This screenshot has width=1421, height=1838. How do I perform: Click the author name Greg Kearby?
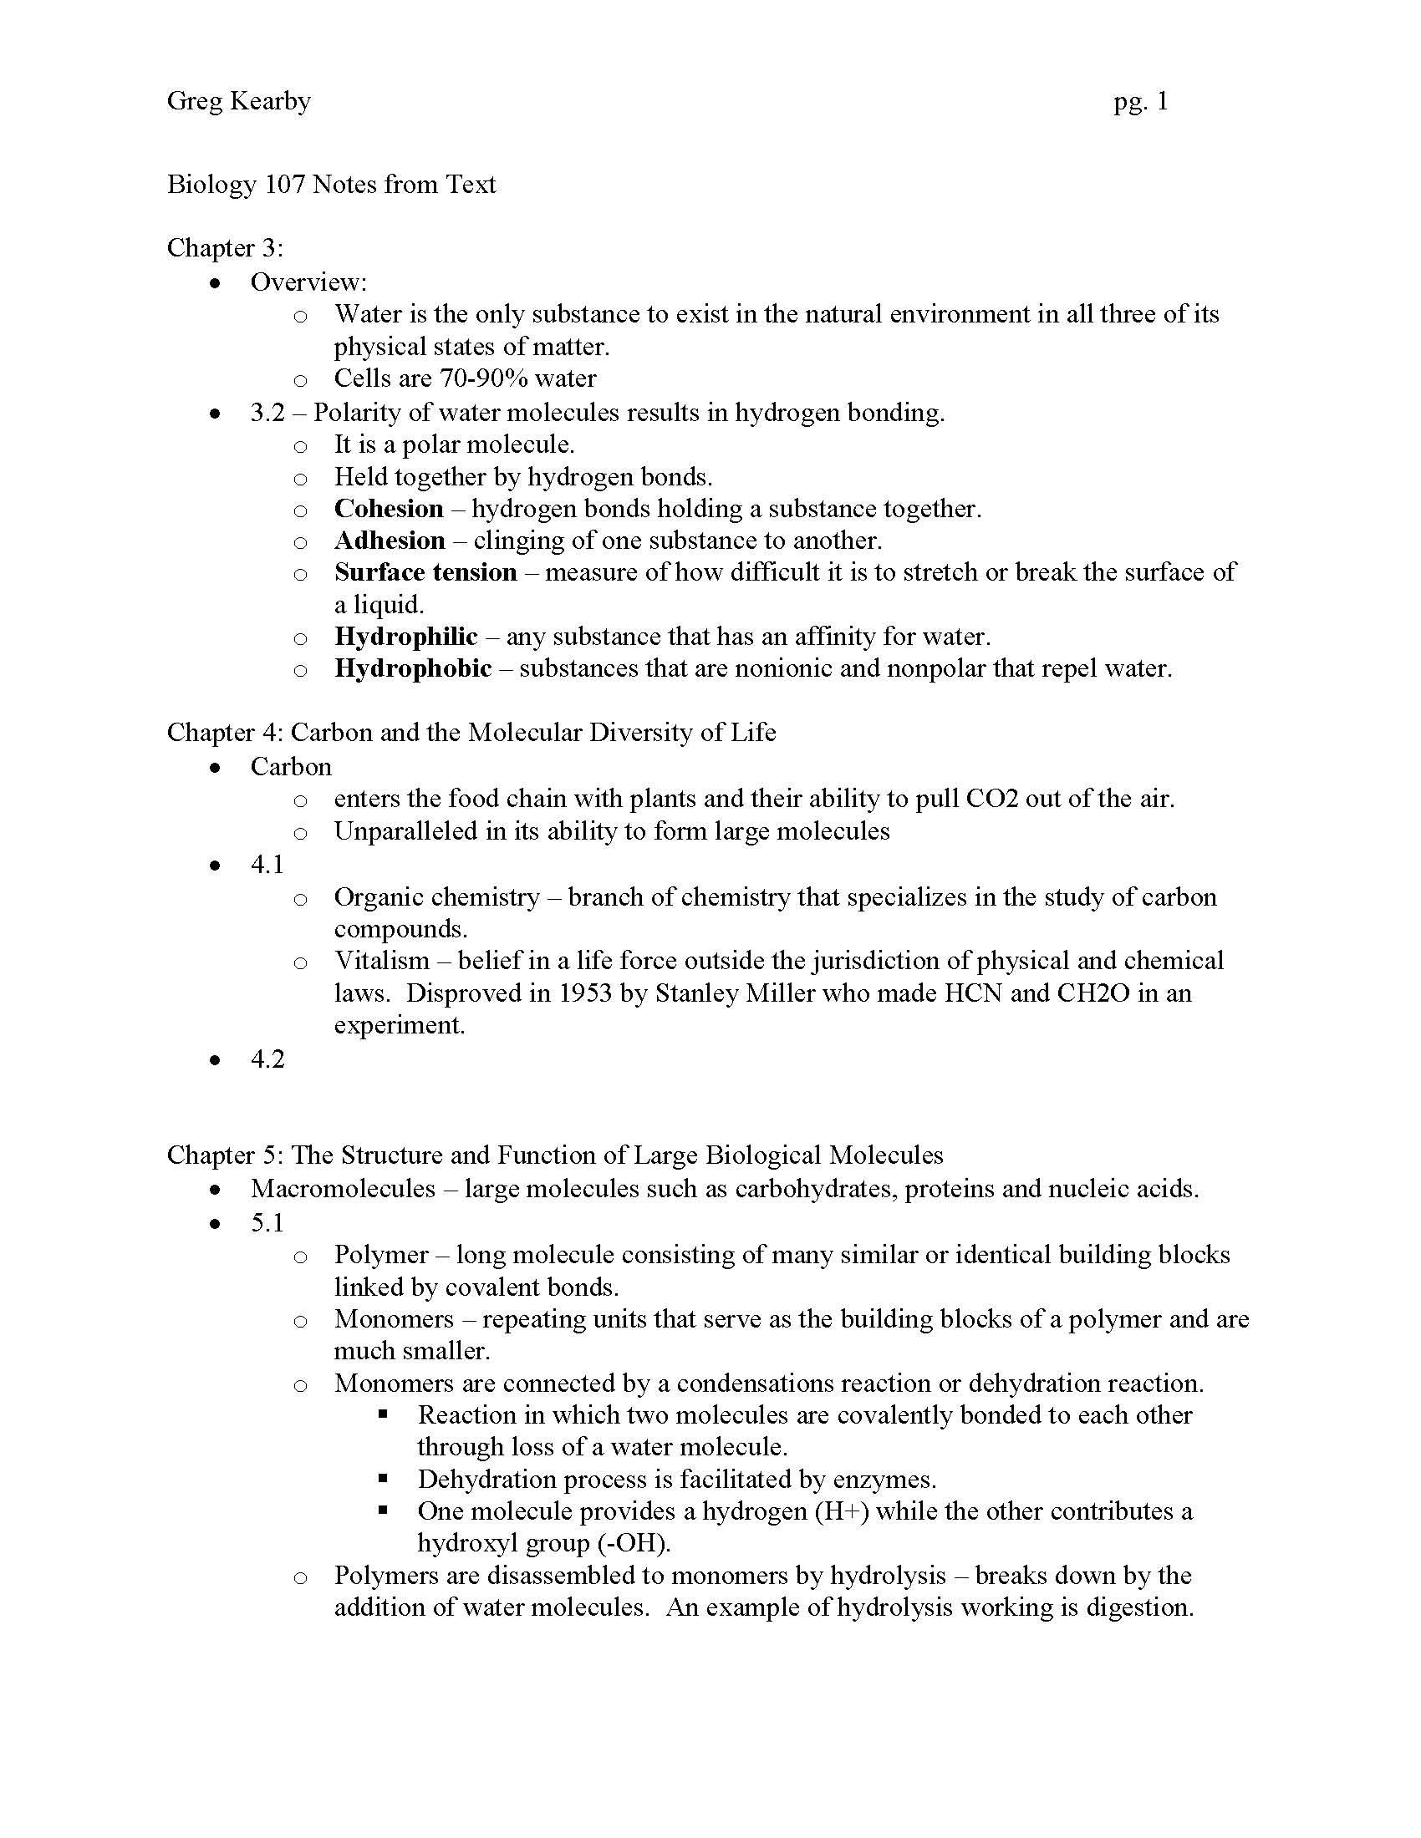239,102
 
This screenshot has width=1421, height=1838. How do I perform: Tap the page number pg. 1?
1141,102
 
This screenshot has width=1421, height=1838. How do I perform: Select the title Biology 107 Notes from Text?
332,185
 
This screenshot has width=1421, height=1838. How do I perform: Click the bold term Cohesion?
389,508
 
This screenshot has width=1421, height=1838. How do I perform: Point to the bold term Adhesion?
390,541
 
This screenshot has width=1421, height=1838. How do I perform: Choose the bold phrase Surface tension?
425,572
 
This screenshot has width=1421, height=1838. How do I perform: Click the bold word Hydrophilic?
405,637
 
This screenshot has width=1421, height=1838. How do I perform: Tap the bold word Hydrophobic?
412,668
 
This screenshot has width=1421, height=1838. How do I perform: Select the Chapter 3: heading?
225,248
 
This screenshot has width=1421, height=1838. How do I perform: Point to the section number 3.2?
267,413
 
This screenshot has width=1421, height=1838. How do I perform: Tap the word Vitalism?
381,961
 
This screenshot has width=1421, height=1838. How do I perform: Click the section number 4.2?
267,1059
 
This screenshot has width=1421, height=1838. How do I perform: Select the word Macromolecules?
343,1188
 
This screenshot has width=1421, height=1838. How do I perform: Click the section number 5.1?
267,1222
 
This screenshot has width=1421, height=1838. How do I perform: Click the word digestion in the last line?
1138,1607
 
